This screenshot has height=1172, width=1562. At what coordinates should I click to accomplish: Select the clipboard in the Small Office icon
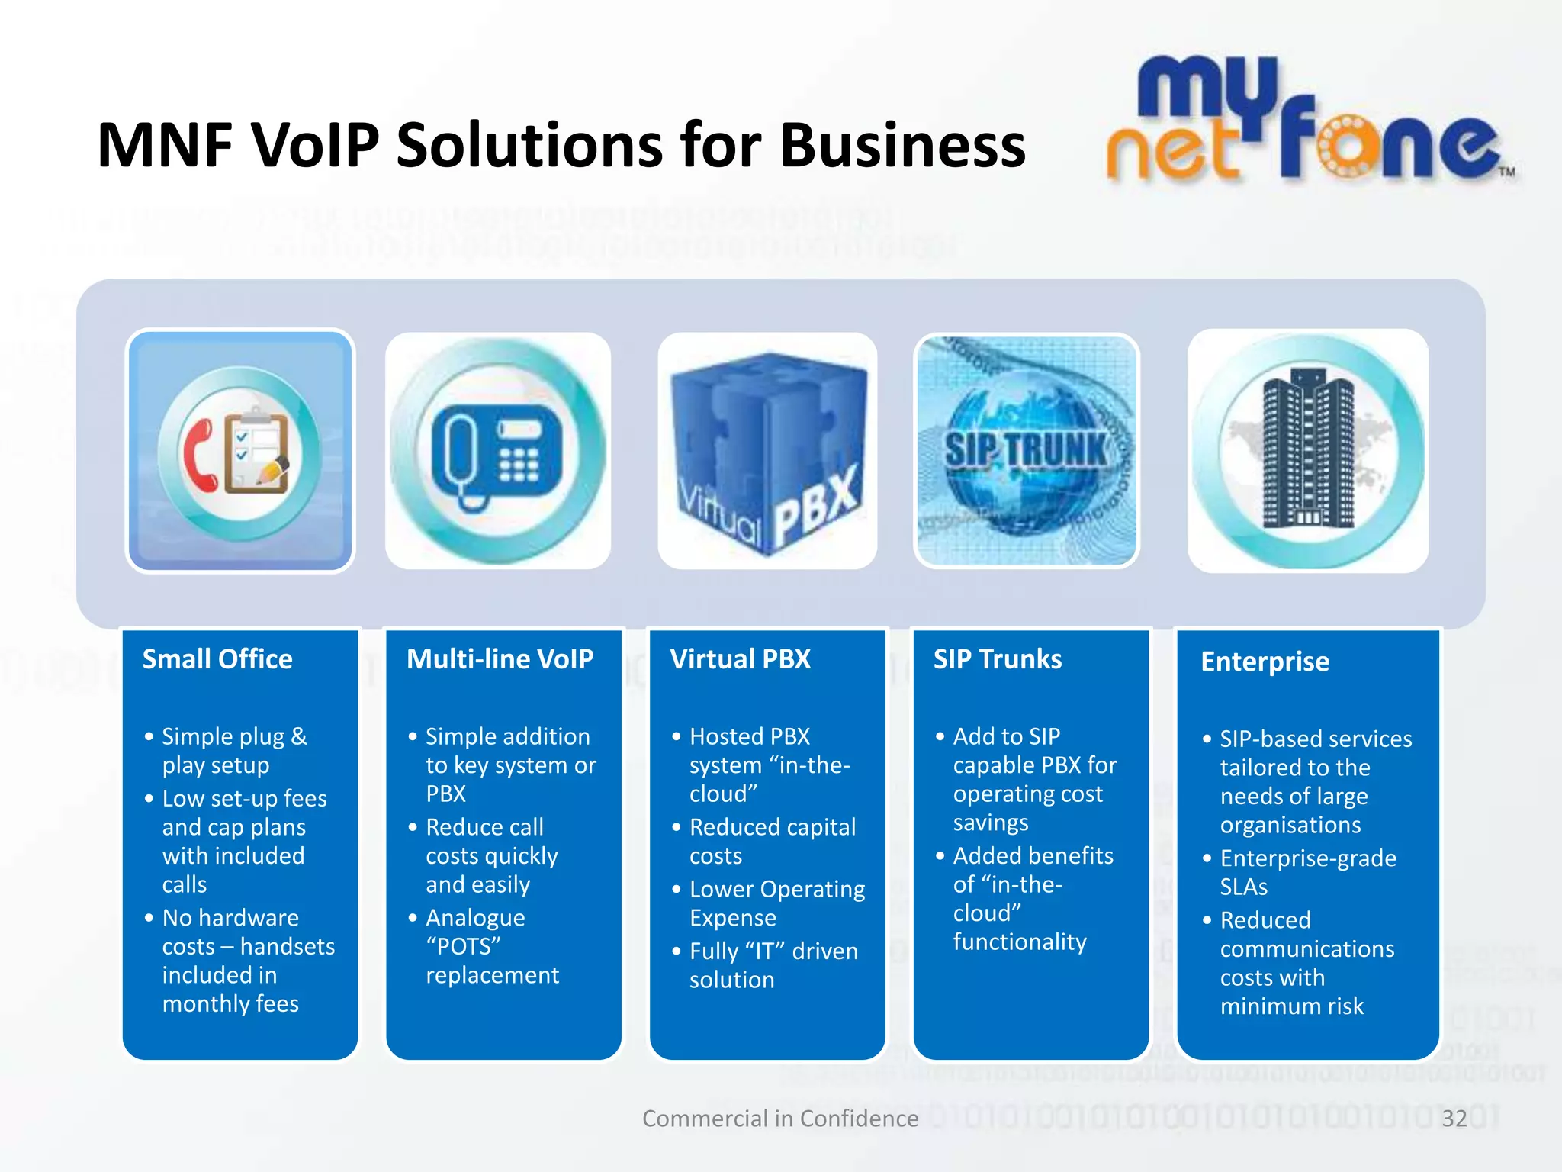point(257,451)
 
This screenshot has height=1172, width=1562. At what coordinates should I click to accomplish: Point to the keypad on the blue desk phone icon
point(519,464)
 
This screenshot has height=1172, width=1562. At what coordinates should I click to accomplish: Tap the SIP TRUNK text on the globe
point(1026,449)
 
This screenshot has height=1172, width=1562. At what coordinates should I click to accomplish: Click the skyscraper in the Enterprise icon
point(1307,450)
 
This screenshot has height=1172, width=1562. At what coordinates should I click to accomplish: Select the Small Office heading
point(217,659)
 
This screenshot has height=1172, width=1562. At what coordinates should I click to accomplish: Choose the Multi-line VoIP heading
point(500,659)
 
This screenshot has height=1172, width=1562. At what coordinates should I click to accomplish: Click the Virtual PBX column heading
point(740,659)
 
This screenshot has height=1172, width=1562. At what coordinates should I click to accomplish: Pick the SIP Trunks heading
point(998,659)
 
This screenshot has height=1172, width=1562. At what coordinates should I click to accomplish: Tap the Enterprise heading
point(1265,662)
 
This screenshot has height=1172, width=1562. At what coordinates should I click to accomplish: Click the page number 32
point(1454,1119)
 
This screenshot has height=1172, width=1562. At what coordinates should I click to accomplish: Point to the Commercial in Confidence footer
point(780,1119)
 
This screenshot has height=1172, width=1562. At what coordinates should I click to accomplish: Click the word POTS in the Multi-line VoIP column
point(464,947)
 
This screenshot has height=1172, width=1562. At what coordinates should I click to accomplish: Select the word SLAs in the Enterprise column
point(1243,887)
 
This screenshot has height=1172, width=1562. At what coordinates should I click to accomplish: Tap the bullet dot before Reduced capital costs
point(676,827)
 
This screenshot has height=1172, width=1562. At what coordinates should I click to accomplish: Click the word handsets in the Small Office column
point(288,947)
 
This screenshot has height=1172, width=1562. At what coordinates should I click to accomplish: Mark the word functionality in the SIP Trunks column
point(1020,942)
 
